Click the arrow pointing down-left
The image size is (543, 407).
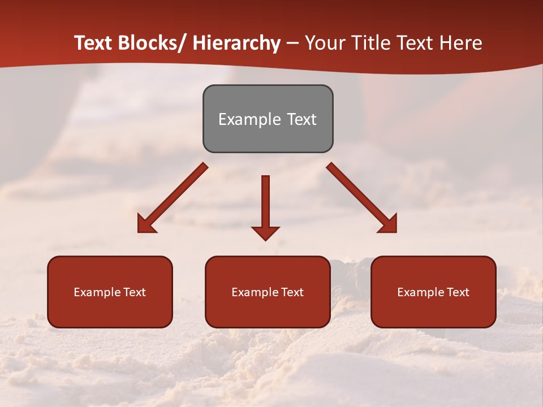pos(173,198)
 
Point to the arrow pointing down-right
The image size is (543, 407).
pos(362,198)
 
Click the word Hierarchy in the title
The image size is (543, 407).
pos(236,44)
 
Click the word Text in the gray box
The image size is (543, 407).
pos(301,119)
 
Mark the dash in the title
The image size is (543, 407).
pos(292,44)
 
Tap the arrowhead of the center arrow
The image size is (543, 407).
pos(266,232)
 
